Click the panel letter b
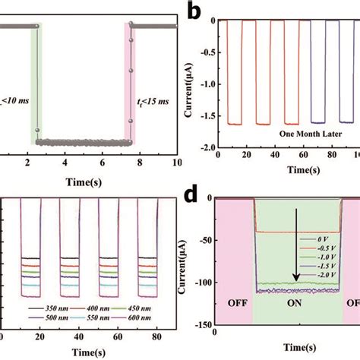195,12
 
